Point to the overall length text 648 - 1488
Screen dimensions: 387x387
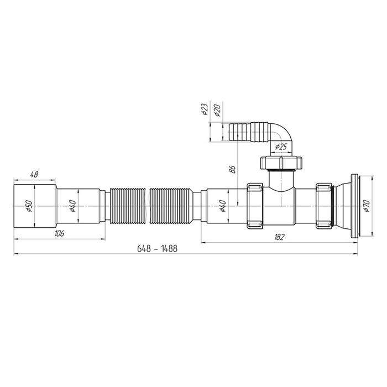[x=158, y=249]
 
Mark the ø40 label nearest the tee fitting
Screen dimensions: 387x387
[x=222, y=207]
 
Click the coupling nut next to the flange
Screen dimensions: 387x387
[x=323, y=205]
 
